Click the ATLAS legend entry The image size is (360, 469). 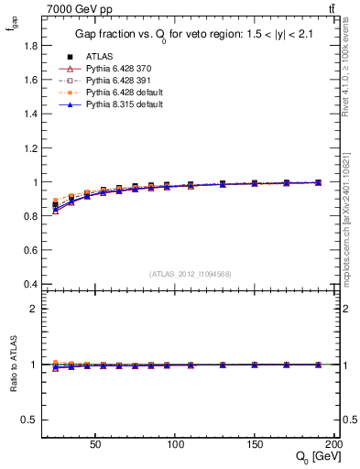pyautogui.click(x=98, y=56)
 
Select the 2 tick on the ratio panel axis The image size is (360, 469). pyautogui.click(x=31, y=309)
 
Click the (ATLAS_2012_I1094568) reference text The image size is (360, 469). pyautogui.click(x=190, y=273)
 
